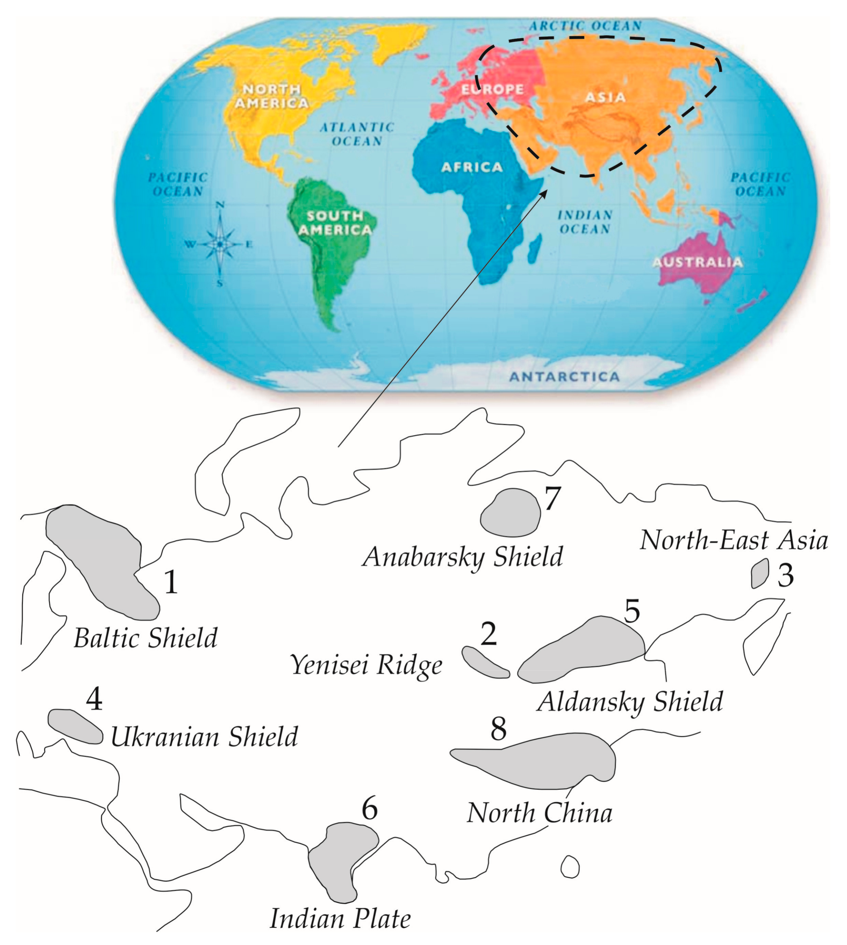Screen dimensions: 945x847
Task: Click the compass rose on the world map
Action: (220, 244)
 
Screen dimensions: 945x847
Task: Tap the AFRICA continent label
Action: (471, 167)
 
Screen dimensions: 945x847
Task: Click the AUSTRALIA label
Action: (697, 262)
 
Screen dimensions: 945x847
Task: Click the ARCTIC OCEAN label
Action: (585, 26)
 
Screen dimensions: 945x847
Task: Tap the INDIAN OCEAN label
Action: (585, 222)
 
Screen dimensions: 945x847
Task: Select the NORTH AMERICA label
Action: (271, 96)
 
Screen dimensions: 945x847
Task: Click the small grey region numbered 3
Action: (760, 573)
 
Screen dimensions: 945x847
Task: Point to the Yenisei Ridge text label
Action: (366, 665)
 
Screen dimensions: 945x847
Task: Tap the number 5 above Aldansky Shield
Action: (632, 611)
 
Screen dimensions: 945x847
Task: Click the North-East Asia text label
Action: (734, 540)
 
